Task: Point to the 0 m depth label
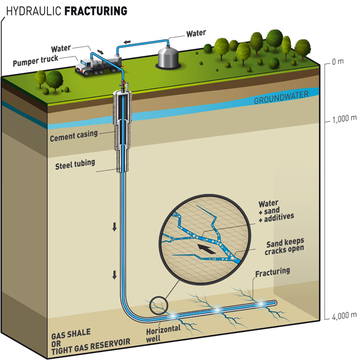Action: [x=337, y=61]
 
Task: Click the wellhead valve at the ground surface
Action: [x=123, y=85]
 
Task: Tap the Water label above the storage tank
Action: [x=196, y=33]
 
